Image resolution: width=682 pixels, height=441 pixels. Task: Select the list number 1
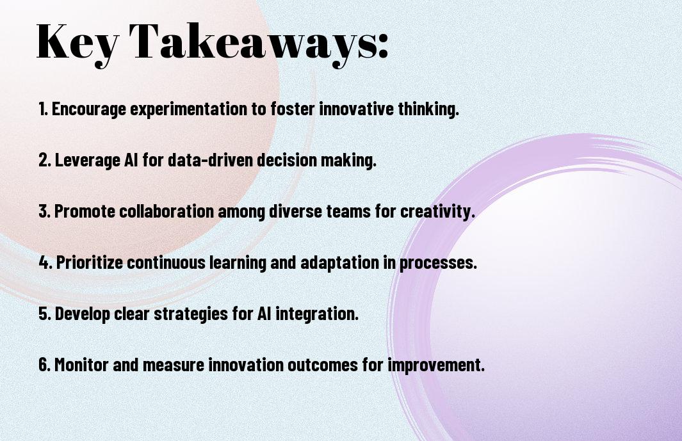coord(43,109)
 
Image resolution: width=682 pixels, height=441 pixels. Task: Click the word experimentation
coord(188,109)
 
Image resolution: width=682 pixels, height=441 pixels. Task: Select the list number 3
coord(44,211)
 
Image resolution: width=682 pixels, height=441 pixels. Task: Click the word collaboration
coord(166,211)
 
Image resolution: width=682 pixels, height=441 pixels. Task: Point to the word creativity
coord(437,212)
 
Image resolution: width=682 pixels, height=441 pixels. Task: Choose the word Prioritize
coord(90,263)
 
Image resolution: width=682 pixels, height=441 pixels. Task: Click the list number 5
coord(44,314)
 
